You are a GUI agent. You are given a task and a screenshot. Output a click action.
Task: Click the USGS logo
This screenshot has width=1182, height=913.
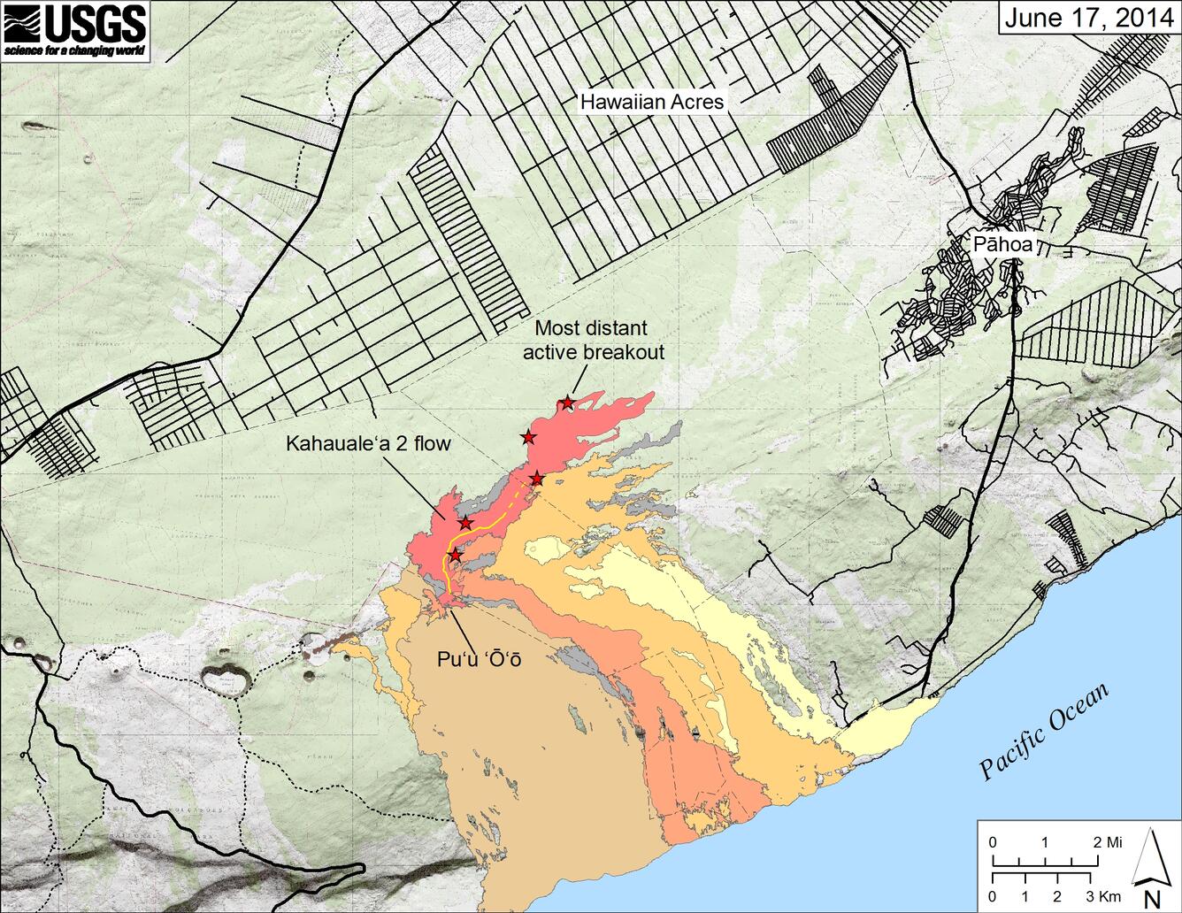click(74, 32)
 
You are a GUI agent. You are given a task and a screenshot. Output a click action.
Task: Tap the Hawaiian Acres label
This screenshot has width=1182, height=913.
click(651, 102)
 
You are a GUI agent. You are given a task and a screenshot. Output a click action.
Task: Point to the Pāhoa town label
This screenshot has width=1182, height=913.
click(1002, 245)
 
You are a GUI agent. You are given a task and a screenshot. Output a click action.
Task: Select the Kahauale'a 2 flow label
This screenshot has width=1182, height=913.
click(368, 443)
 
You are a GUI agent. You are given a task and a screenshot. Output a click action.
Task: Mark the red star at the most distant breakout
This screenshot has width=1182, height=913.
click(567, 403)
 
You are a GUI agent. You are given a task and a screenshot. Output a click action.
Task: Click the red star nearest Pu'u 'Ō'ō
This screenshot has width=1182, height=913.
click(455, 555)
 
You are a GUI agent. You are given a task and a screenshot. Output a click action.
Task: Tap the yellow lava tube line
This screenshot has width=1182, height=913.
click(488, 527)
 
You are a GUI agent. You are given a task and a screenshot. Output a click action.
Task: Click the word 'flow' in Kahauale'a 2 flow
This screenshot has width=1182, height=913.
click(432, 443)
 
